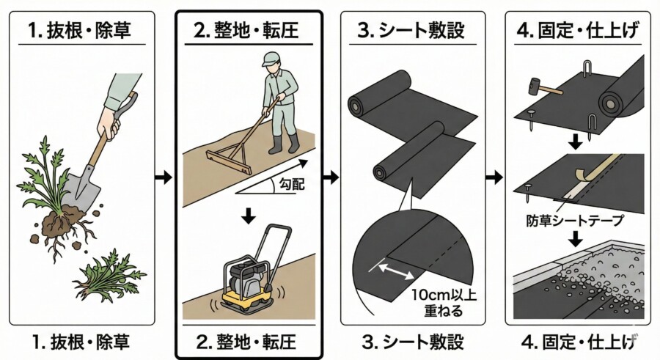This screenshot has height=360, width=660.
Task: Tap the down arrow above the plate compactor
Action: [249, 214]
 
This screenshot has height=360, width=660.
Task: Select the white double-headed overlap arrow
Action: [396, 275]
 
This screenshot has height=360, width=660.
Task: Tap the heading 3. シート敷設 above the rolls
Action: [413, 33]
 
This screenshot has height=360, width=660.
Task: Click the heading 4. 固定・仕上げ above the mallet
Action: [577, 33]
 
